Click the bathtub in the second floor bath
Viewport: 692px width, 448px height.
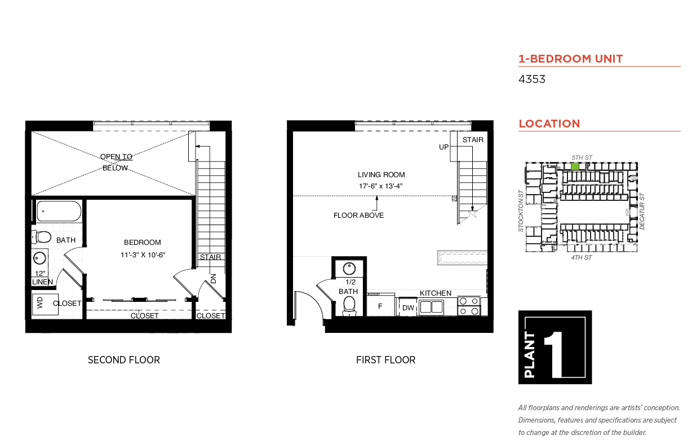59,211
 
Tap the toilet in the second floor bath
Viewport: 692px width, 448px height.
41,238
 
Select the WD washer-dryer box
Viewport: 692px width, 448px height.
45,304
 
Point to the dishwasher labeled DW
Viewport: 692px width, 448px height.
407,307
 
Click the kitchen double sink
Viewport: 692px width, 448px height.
432,307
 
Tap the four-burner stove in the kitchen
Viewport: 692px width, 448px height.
469,306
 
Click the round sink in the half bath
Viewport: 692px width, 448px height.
349,269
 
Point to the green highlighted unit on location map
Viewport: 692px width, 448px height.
575,166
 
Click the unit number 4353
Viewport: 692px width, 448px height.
531,80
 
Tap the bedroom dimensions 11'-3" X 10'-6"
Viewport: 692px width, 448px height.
143,255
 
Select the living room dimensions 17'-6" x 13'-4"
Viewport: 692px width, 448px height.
380,186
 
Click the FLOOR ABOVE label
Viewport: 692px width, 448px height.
358,216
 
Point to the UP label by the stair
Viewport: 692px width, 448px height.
443,147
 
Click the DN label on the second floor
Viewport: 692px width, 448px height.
214,279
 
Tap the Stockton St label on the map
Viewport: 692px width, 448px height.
521,211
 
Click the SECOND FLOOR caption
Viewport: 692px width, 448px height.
124,360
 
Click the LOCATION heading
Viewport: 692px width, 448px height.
549,124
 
